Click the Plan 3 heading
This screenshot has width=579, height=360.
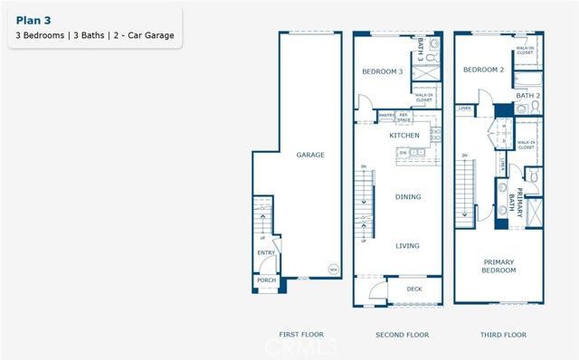pyautogui.click(x=33, y=20)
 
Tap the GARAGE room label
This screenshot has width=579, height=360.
pyautogui.click(x=309, y=155)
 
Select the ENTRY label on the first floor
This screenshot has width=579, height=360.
pyautogui.click(x=266, y=253)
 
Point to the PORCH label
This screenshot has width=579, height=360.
pyautogui.click(x=266, y=280)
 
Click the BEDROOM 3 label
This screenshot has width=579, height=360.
pyautogui.click(x=382, y=71)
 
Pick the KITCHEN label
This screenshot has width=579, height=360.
pyautogui.click(x=403, y=135)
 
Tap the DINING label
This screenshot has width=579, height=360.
pyautogui.click(x=408, y=196)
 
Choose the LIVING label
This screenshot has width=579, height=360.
pyautogui.click(x=408, y=244)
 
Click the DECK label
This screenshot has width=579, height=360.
pyautogui.click(x=413, y=290)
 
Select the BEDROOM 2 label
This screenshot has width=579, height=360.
pyautogui.click(x=483, y=70)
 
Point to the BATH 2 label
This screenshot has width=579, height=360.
pyautogui.click(x=527, y=95)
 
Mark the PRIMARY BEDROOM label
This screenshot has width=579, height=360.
pyautogui.click(x=498, y=266)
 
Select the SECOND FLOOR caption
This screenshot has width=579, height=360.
pyautogui.click(x=402, y=335)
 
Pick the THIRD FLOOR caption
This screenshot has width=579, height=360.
pyautogui.click(x=502, y=335)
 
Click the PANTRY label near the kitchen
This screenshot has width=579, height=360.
pyautogui.click(x=385, y=115)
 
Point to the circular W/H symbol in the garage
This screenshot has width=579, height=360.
pyautogui.click(x=332, y=269)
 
